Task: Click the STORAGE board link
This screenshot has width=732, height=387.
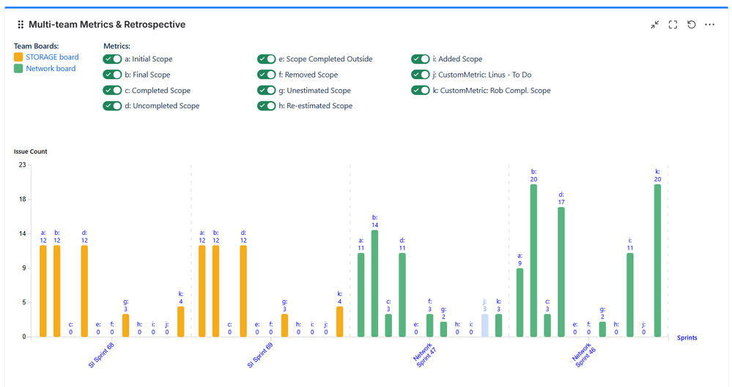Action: pyautogui.click(x=52, y=57)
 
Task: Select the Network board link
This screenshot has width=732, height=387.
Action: pyautogui.click(x=51, y=69)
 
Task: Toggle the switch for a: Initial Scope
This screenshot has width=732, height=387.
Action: pyautogui.click(x=112, y=59)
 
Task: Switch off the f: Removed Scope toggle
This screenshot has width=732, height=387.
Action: pyautogui.click(x=266, y=75)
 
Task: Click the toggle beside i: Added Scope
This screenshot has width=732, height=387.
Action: pyautogui.click(x=420, y=59)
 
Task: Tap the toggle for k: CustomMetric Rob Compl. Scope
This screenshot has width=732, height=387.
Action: pyautogui.click(x=420, y=91)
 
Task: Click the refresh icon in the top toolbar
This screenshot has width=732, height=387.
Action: pyautogui.click(x=691, y=25)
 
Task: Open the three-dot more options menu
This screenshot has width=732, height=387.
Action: pyautogui.click(x=709, y=25)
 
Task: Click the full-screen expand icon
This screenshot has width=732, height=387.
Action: pyautogui.click(x=673, y=25)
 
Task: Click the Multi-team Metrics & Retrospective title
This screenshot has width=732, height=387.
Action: pyautogui.click(x=107, y=25)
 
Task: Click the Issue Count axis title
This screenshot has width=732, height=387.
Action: pyautogui.click(x=30, y=151)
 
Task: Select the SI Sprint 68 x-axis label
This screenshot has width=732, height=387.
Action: pyautogui.click(x=100, y=354)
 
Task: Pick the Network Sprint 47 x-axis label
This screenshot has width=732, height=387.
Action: pyautogui.click(x=424, y=353)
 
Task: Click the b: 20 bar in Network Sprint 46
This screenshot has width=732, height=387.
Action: pyautogui.click(x=533, y=260)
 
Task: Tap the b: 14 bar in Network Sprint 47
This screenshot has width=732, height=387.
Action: pyautogui.click(x=374, y=283)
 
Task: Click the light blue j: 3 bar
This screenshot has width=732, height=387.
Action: pyautogui.click(x=484, y=326)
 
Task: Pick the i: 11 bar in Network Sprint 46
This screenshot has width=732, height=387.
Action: pyautogui.click(x=630, y=295)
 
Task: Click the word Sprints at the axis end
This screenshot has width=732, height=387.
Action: pyautogui.click(x=687, y=337)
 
